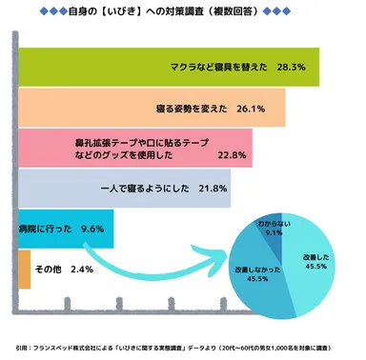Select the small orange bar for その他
coord(25,270)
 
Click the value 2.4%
coord(81,270)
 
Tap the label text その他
coord(50,270)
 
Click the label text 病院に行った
coord(47,229)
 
